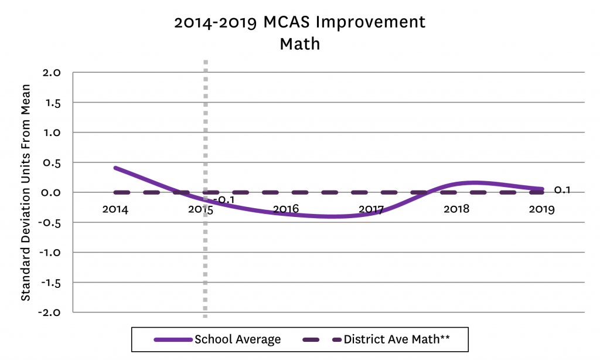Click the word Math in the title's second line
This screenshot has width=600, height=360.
pos(299,44)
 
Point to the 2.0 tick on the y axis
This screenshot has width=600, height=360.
pos(52,73)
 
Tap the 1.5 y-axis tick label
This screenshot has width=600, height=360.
pos(52,103)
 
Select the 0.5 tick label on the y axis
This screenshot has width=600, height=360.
pos(52,162)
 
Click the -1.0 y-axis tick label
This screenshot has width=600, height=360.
pos(50,252)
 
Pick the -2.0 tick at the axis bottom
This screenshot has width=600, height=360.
pos(50,312)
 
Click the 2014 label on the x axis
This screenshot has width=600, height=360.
pos(115,209)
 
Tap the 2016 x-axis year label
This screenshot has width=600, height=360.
pos(286,209)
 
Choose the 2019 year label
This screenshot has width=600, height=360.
pos(541,209)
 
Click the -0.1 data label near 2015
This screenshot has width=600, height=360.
pos(223,201)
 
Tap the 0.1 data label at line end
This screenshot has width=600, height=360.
pos(562,189)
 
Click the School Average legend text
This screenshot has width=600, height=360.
pos(238,339)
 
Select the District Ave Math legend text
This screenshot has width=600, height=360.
pos(397,339)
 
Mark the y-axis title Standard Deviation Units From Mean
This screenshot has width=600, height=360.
pos(26,192)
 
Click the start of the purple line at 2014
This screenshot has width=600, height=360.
pos(116,168)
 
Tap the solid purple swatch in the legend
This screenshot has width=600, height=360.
pos(173,339)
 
